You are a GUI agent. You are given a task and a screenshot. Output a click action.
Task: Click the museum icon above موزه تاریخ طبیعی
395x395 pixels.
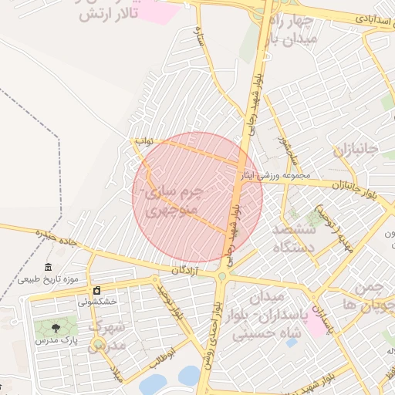(x=49, y=265)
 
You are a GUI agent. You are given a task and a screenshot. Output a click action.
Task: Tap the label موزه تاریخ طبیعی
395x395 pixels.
(x=49, y=279)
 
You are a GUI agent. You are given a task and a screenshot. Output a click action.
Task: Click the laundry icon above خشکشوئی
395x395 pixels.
(x=96, y=290)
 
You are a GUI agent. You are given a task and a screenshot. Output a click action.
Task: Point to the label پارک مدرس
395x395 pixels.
(x=56, y=340)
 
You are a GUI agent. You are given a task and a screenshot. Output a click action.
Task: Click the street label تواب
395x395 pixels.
(x=145, y=142)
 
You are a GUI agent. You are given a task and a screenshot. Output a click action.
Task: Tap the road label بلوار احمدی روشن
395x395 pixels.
(x=210, y=339)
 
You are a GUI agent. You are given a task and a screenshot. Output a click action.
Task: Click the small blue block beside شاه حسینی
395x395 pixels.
(x=291, y=342)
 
